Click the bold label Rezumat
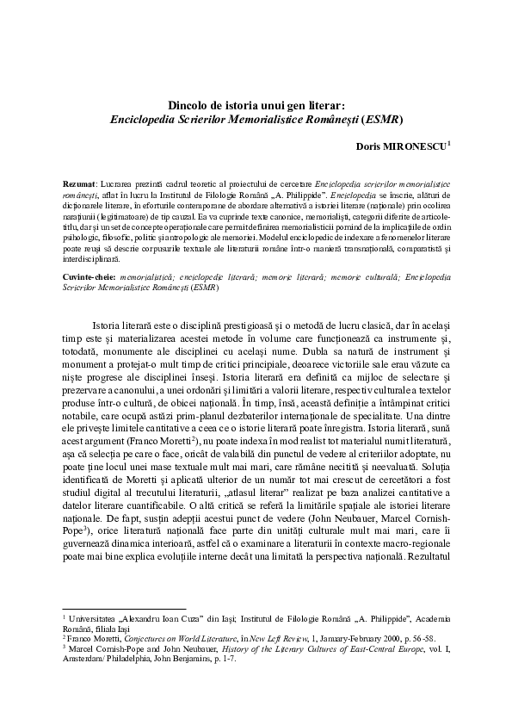point(80,185)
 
